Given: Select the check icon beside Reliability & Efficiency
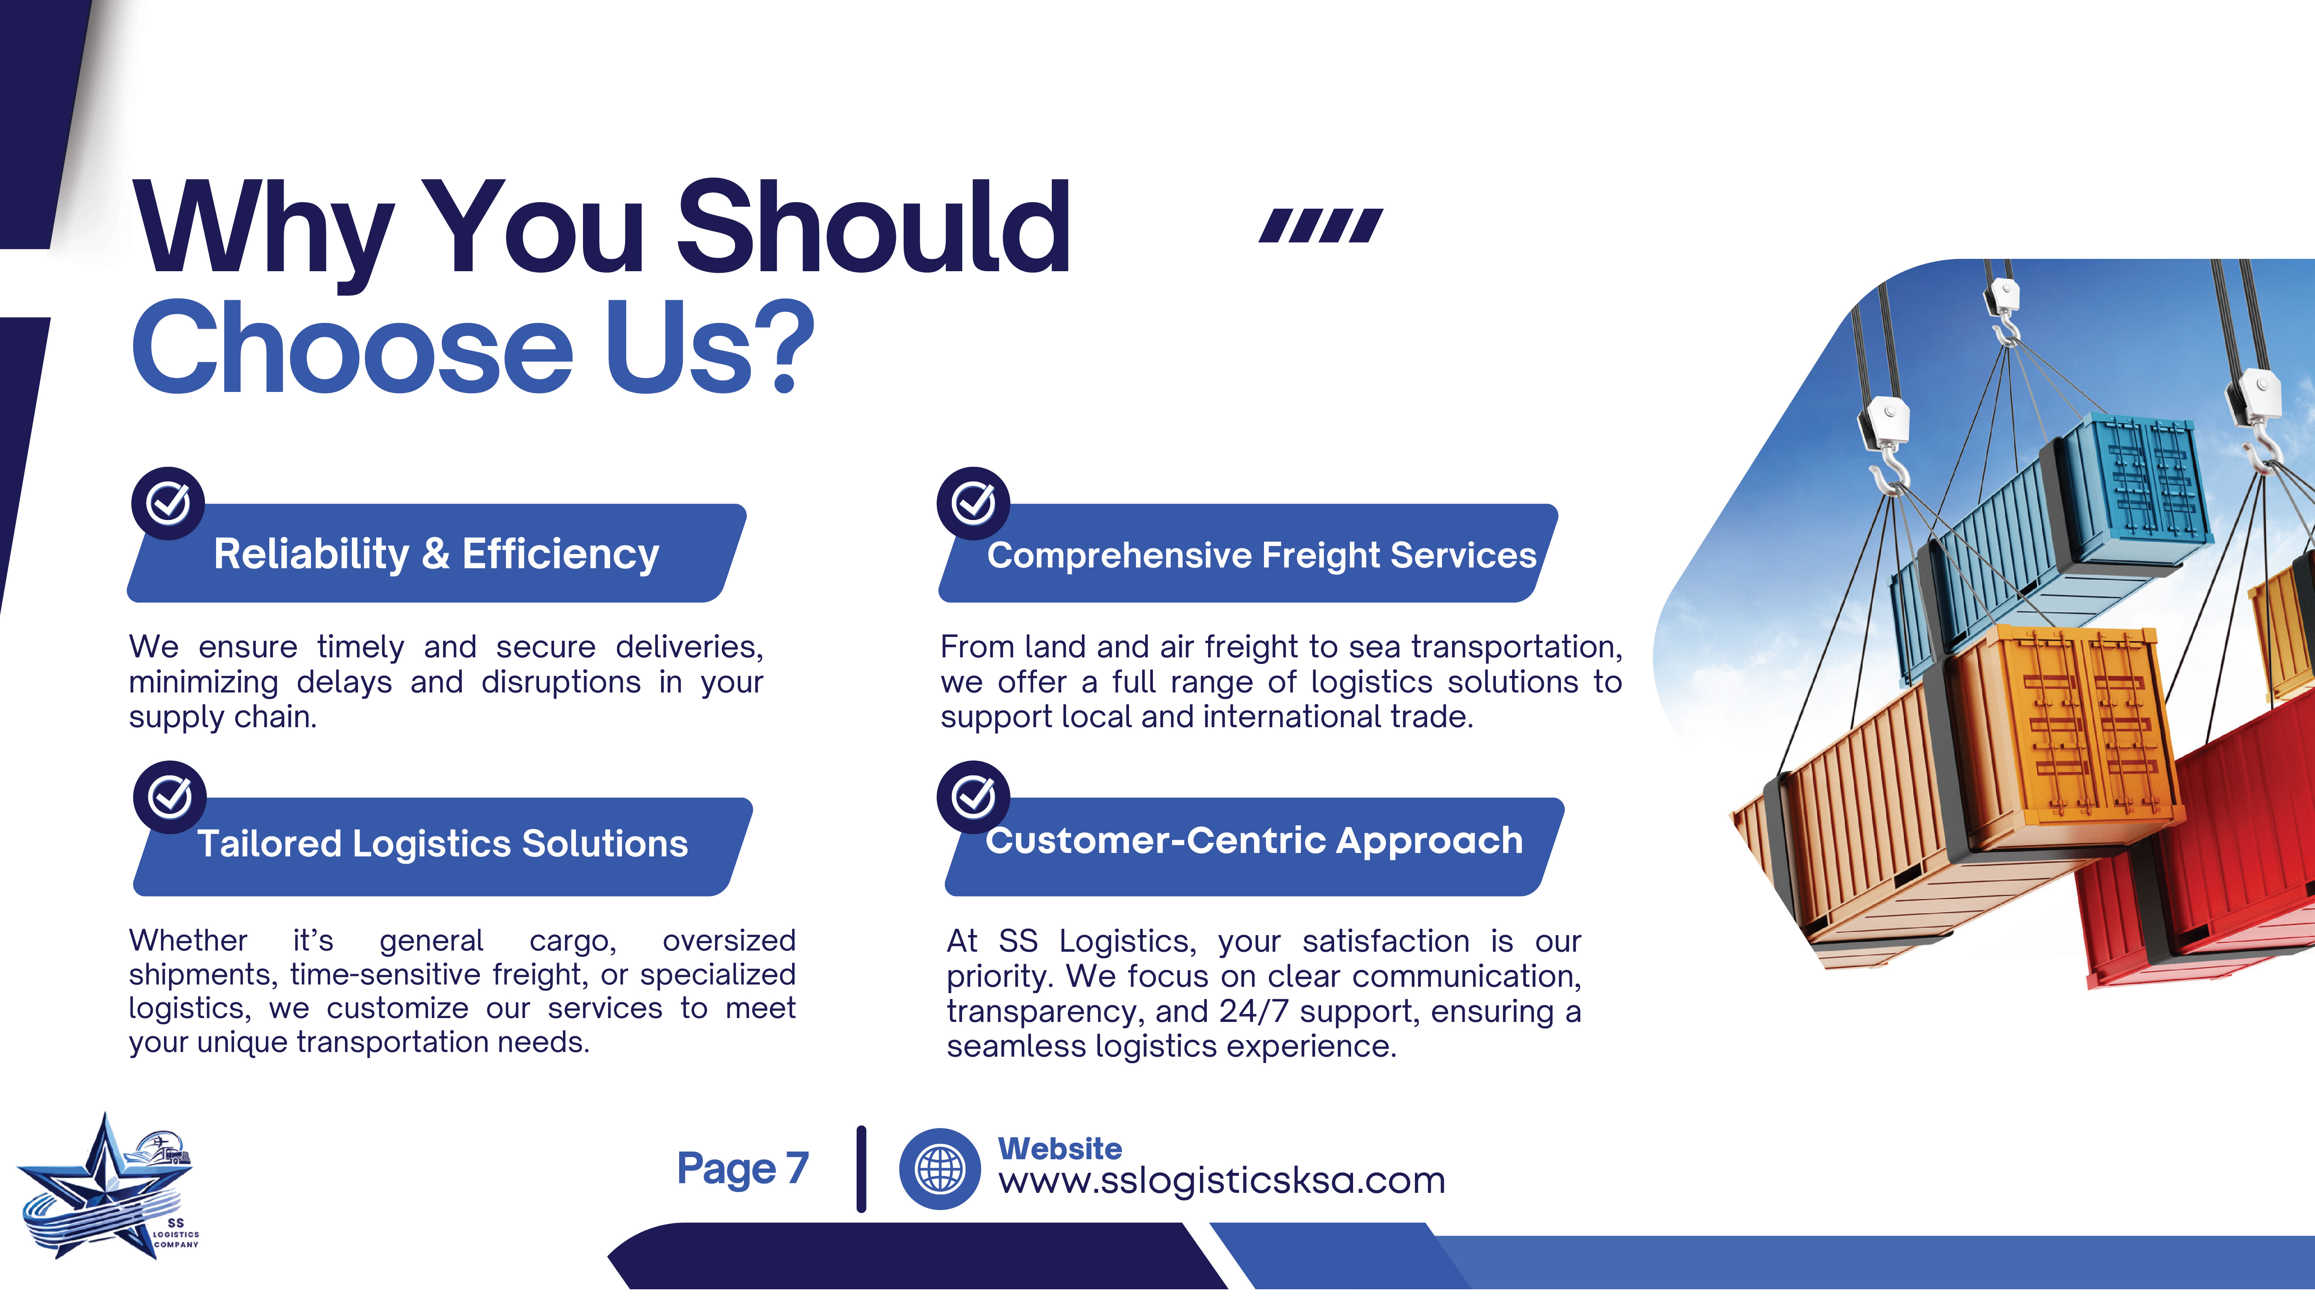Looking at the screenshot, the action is point(168,503).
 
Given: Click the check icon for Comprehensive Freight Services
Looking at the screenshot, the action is point(973,503).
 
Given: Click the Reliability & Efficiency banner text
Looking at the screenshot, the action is point(436,554).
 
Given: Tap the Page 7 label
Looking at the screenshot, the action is point(743,1168).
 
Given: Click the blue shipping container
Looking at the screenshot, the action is point(2049,530).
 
